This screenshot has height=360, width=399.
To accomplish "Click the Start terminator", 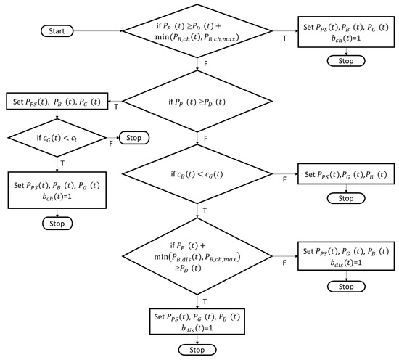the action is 57,31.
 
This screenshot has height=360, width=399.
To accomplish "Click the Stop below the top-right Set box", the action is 346,61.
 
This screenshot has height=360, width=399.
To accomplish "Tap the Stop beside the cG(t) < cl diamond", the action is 134,138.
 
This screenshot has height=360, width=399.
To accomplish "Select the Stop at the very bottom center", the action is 197,350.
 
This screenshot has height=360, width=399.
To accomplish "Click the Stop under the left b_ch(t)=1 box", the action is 57,224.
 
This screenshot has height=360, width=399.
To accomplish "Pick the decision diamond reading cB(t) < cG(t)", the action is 197,174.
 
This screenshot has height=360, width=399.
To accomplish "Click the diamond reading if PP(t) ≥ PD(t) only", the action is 197,102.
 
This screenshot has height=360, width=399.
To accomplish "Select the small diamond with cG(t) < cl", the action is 57,138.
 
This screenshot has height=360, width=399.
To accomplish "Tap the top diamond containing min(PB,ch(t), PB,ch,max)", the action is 197,31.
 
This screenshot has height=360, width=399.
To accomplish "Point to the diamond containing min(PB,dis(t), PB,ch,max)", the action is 197,256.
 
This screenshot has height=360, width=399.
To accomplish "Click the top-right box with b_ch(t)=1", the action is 346,32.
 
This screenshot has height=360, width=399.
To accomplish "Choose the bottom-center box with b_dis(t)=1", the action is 197,322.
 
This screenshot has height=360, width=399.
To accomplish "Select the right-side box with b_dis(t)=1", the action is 346,256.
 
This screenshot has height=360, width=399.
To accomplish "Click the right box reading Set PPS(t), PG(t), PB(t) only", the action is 346,174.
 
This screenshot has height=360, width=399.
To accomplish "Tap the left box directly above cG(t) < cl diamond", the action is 57,102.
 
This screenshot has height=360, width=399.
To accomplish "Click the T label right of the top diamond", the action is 285,38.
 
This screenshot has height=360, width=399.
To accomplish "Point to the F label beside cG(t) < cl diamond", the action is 111,144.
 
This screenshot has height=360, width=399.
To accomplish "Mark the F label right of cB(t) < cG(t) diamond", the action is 284,180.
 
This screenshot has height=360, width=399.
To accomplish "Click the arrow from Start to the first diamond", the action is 98,31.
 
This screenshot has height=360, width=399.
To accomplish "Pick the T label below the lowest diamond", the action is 205,302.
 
